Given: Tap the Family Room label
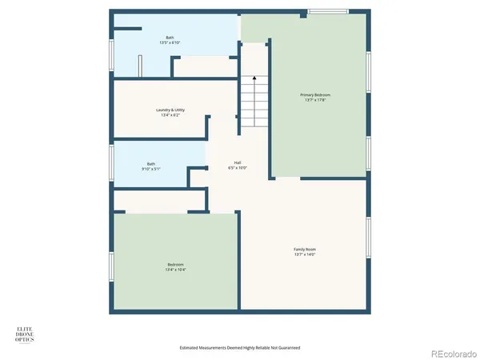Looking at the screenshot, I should pyautogui.click(x=305, y=250).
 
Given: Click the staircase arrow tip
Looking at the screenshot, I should pyautogui.click(x=254, y=77).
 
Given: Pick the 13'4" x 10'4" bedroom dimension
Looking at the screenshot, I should pyautogui.click(x=175, y=270).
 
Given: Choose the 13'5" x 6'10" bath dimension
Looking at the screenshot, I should pyautogui.click(x=170, y=42).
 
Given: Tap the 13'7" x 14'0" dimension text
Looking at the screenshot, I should pyautogui.click(x=305, y=255).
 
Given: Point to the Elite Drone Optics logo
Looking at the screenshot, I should pyautogui.click(x=27, y=334).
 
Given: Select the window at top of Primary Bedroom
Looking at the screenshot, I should pyautogui.click(x=328, y=11).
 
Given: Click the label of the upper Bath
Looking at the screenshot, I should pyautogui.click(x=170, y=37).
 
